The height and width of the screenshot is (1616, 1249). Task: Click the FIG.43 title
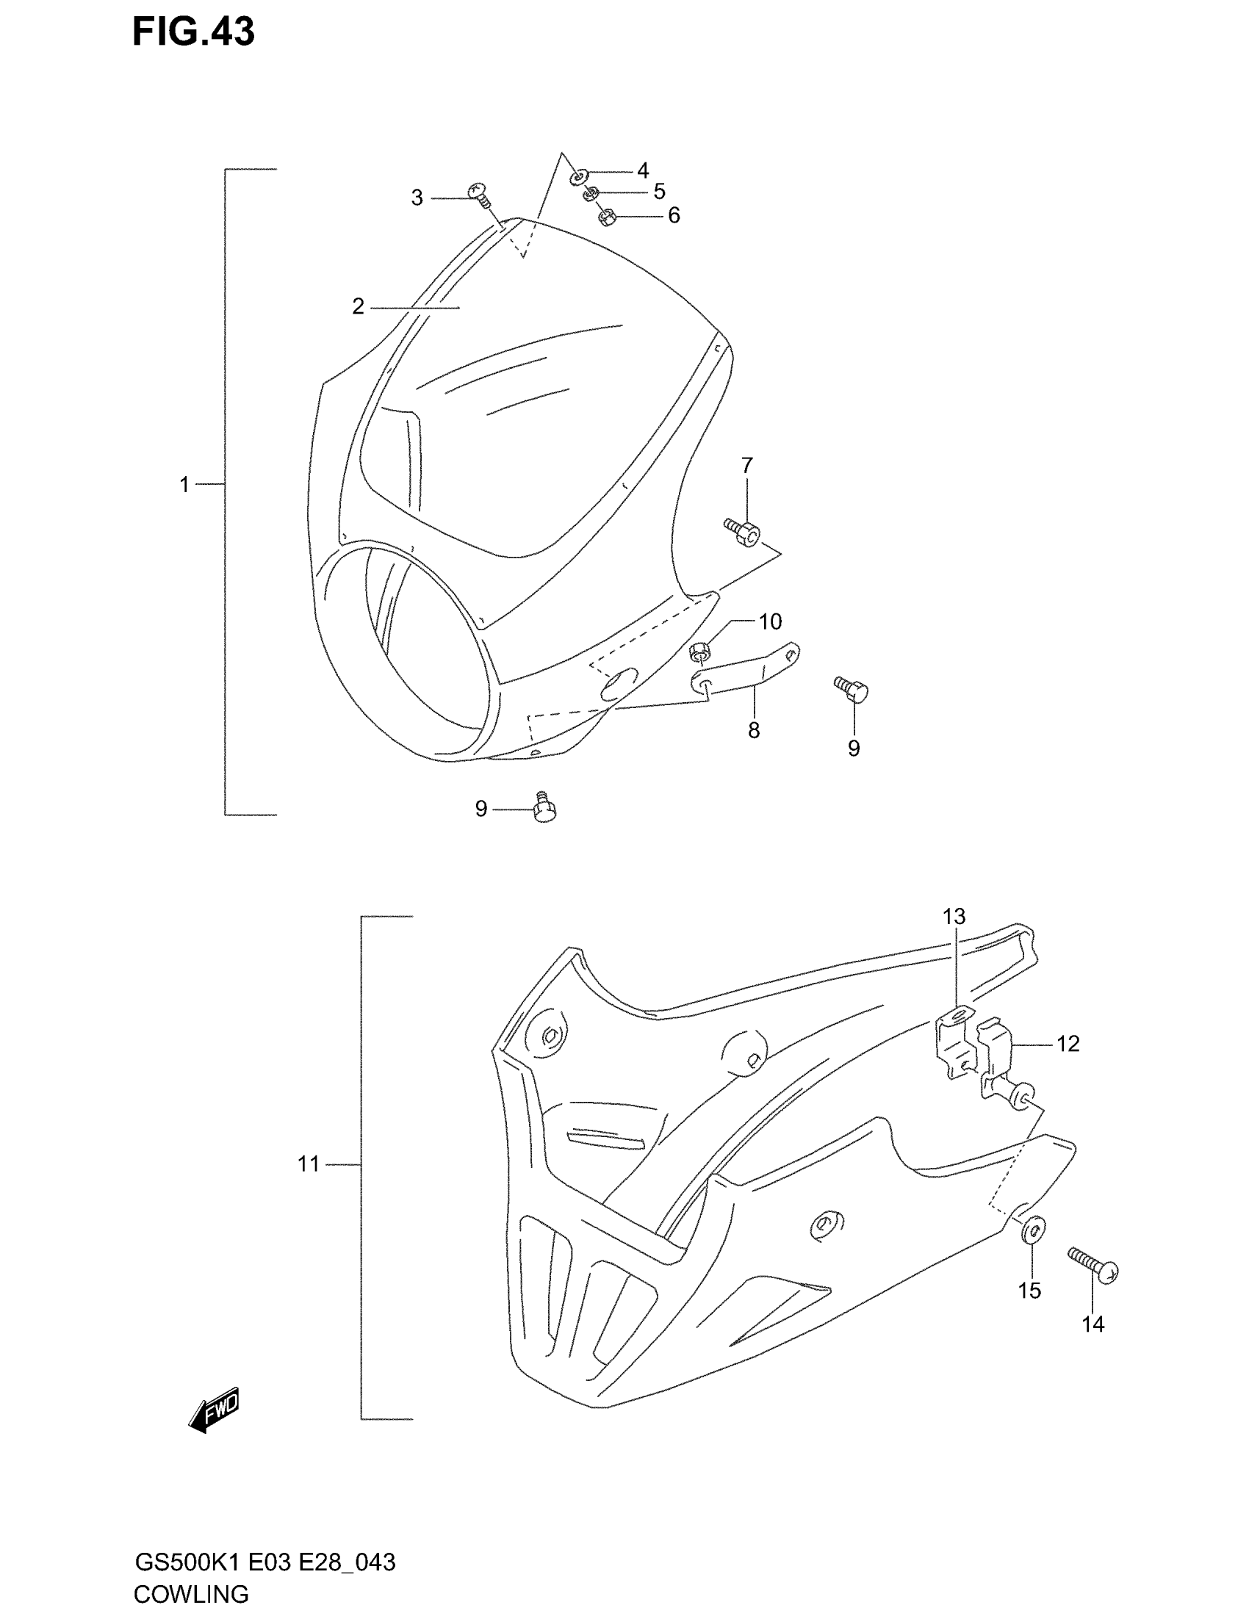point(193,32)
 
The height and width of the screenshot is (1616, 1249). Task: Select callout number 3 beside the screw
point(417,198)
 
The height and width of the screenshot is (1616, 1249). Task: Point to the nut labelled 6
point(607,217)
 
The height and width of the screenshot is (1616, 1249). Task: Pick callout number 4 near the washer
point(642,171)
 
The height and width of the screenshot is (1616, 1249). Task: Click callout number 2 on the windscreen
point(358,306)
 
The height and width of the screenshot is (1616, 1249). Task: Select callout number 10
point(770,621)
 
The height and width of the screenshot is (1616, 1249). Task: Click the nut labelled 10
point(699,652)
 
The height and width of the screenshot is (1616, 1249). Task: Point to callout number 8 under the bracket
point(753,730)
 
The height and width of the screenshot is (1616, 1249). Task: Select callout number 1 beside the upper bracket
point(184,486)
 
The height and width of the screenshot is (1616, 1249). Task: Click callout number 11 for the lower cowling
point(309,1164)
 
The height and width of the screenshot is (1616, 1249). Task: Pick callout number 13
point(954,917)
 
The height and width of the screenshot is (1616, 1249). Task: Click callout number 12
point(1068,1044)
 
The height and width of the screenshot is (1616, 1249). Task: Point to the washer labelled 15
point(1033,1229)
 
